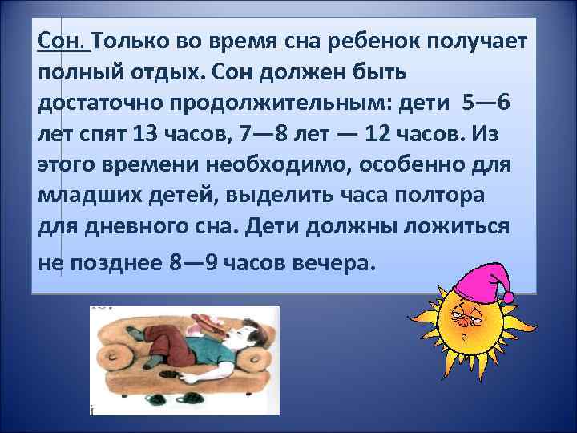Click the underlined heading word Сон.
(x=63, y=41)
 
